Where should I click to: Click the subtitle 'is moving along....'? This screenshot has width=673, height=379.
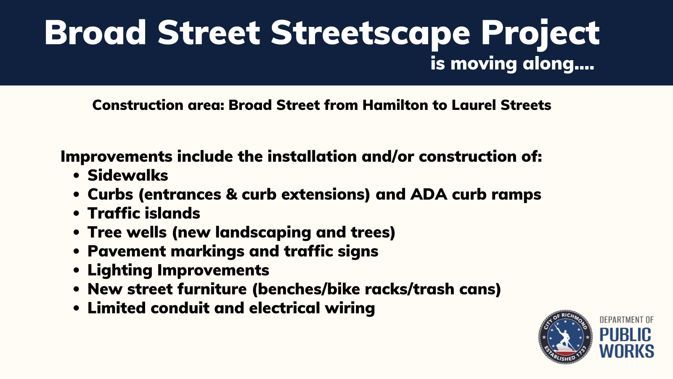point(512,64)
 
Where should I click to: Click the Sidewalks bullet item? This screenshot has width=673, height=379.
point(127,175)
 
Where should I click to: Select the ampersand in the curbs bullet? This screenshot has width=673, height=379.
point(231,194)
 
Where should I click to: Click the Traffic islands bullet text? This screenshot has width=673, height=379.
point(143,213)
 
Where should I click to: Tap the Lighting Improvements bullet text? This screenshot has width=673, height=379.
point(178,270)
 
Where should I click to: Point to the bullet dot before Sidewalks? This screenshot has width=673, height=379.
point(76,176)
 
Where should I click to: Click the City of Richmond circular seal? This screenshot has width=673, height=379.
point(565,337)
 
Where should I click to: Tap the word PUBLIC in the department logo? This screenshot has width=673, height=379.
point(625,335)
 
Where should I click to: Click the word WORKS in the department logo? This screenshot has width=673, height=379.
point(626,351)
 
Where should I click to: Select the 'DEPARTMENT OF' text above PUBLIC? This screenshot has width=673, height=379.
point(626,320)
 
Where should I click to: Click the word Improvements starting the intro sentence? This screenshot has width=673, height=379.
point(116,156)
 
